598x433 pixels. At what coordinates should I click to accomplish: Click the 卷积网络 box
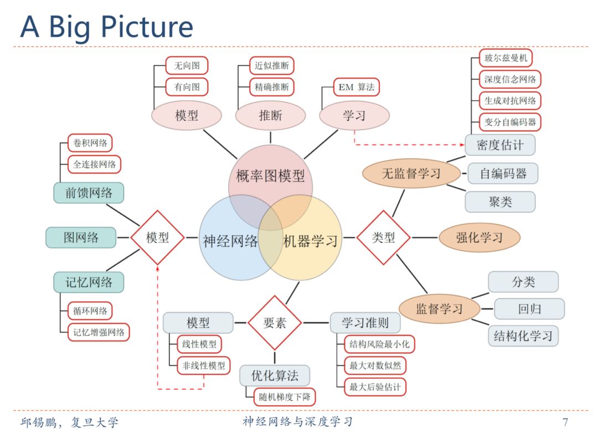pyautogui.click(x=90, y=143)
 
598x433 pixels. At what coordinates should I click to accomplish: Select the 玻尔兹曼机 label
pyautogui.click(x=506, y=58)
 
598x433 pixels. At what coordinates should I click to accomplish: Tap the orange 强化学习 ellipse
pyautogui.click(x=480, y=238)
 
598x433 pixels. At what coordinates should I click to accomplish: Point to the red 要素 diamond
pyautogui.click(x=274, y=322)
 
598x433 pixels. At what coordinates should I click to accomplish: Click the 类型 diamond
pyautogui.click(x=383, y=238)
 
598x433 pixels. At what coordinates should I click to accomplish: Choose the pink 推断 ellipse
pyautogui.click(x=270, y=115)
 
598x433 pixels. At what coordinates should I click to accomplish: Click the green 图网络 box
pyautogui.click(x=81, y=238)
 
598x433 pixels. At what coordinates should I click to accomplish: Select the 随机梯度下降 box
pyautogui.click(x=285, y=396)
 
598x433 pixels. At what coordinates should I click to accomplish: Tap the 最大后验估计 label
pyautogui.click(x=375, y=386)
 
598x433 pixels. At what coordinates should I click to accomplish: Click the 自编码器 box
pyautogui.click(x=503, y=174)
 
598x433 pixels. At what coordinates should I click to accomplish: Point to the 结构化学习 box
pyautogui.click(x=523, y=336)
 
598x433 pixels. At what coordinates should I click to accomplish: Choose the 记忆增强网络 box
pyautogui.click(x=94, y=332)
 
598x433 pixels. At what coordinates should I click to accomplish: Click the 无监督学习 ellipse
pyautogui.click(x=411, y=174)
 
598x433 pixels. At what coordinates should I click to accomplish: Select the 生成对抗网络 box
pyautogui.click(x=509, y=100)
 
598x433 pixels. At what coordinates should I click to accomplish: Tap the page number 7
pyautogui.click(x=565, y=422)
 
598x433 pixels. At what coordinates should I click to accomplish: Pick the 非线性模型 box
pyautogui.click(x=203, y=365)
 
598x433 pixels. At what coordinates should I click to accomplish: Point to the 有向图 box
pyautogui.click(x=187, y=87)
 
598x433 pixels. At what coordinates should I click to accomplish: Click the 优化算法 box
pyautogui.click(x=274, y=375)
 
